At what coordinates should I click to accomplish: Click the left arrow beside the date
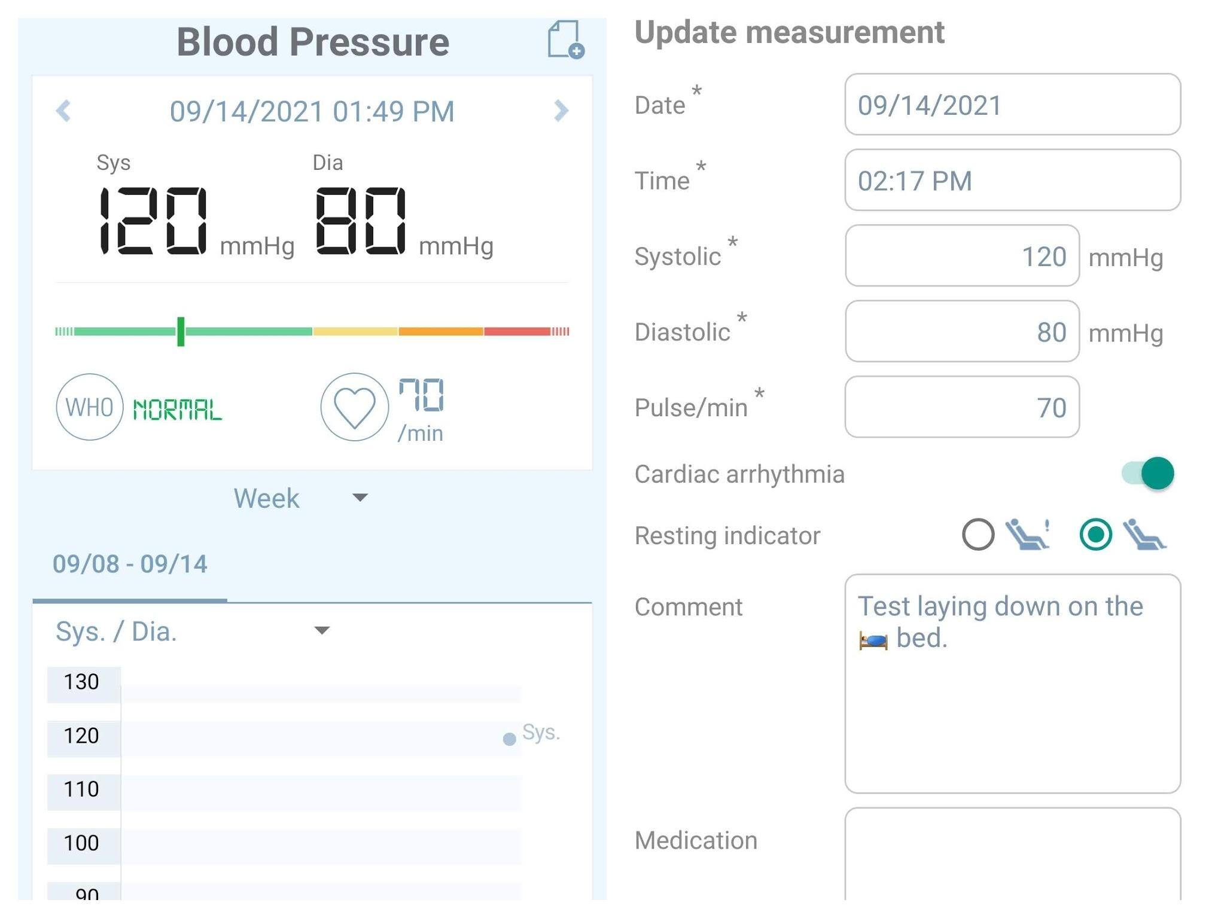[x=63, y=111]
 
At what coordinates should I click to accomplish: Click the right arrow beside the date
[x=561, y=111]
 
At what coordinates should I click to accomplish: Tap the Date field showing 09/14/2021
[x=1012, y=105]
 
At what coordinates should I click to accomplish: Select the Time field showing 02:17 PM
[x=1012, y=180]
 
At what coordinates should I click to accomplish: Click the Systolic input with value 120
[x=961, y=256]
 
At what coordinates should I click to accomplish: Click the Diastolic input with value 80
[x=961, y=331]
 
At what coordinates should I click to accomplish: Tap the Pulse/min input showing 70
[x=961, y=407]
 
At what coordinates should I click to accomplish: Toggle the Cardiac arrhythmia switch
[x=1148, y=474]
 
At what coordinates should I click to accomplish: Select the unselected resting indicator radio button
[x=978, y=534]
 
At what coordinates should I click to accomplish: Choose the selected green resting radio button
[x=1095, y=534]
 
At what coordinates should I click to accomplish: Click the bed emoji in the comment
[x=873, y=641]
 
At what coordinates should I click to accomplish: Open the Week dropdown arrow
[x=360, y=498]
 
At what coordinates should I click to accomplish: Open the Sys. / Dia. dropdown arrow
[x=322, y=630]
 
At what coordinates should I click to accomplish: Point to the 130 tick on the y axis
[x=82, y=682]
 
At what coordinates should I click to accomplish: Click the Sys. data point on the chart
[x=509, y=740]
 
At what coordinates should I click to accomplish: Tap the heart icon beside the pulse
[x=354, y=407]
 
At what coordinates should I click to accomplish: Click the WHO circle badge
[x=90, y=407]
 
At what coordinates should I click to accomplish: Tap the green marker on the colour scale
[x=181, y=331]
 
